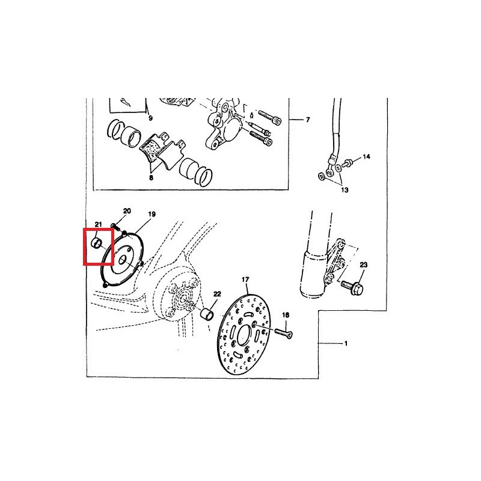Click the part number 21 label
(x=98, y=225)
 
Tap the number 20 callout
(x=127, y=211)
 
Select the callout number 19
(x=152, y=214)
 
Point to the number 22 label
(x=217, y=294)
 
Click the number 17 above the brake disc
(x=245, y=280)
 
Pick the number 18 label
(x=286, y=315)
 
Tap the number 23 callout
(x=364, y=265)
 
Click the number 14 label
(x=367, y=157)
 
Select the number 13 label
(x=345, y=190)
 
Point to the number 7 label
(x=308, y=120)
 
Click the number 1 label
(x=346, y=343)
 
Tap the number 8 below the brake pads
(x=151, y=177)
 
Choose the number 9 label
(x=150, y=118)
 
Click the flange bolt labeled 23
(x=352, y=287)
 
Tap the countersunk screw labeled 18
(x=283, y=333)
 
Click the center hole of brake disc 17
(x=244, y=334)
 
